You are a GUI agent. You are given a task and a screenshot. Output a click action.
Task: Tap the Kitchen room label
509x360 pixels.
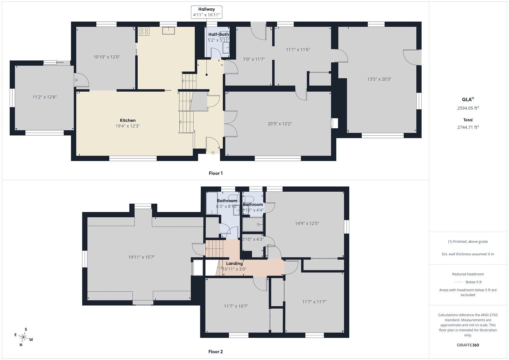pyautogui.click(x=128, y=120)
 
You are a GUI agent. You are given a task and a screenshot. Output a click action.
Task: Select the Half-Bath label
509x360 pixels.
pyautogui.click(x=219, y=35)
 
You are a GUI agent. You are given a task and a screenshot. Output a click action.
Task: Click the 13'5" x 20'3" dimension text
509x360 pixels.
pyautogui.click(x=379, y=79)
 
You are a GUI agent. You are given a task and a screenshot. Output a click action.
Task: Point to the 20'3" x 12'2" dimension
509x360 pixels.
pyautogui.click(x=279, y=124)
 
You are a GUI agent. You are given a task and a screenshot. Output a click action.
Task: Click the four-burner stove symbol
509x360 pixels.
pyautogui.click(x=144, y=31)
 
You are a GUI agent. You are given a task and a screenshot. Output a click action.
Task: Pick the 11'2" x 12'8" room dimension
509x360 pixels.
pyautogui.click(x=45, y=97)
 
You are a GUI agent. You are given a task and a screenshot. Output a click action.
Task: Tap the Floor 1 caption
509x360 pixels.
pyautogui.click(x=216, y=173)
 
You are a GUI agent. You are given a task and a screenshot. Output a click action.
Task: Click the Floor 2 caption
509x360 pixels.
pyautogui.click(x=216, y=352)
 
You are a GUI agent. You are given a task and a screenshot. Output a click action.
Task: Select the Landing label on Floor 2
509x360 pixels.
pyautogui.click(x=234, y=263)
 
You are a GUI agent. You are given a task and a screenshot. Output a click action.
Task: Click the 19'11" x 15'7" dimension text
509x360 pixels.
pyautogui.click(x=141, y=257)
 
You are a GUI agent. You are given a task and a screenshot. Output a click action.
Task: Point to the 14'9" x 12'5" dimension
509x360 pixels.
pyautogui.click(x=307, y=223)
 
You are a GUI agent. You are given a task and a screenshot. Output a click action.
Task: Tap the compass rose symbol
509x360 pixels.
pyautogui.click(x=23, y=337)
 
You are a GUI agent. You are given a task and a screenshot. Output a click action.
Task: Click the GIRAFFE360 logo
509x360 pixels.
pyautogui.click(x=468, y=345)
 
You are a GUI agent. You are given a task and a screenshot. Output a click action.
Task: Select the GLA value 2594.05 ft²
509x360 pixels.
pyautogui.click(x=468, y=108)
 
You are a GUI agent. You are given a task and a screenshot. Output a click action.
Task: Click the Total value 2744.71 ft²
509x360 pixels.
pyautogui.click(x=468, y=127)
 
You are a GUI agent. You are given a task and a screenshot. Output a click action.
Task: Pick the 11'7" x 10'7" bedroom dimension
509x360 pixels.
pyautogui.click(x=236, y=306)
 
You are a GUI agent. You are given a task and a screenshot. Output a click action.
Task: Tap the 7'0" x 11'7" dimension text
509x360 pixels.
pyautogui.click(x=254, y=59)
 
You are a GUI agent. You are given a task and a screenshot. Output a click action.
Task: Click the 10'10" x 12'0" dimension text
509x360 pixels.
pyautogui.click(x=107, y=57)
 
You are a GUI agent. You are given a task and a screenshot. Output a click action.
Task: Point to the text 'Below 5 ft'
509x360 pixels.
pyautogui.click(x=474, y=282)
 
